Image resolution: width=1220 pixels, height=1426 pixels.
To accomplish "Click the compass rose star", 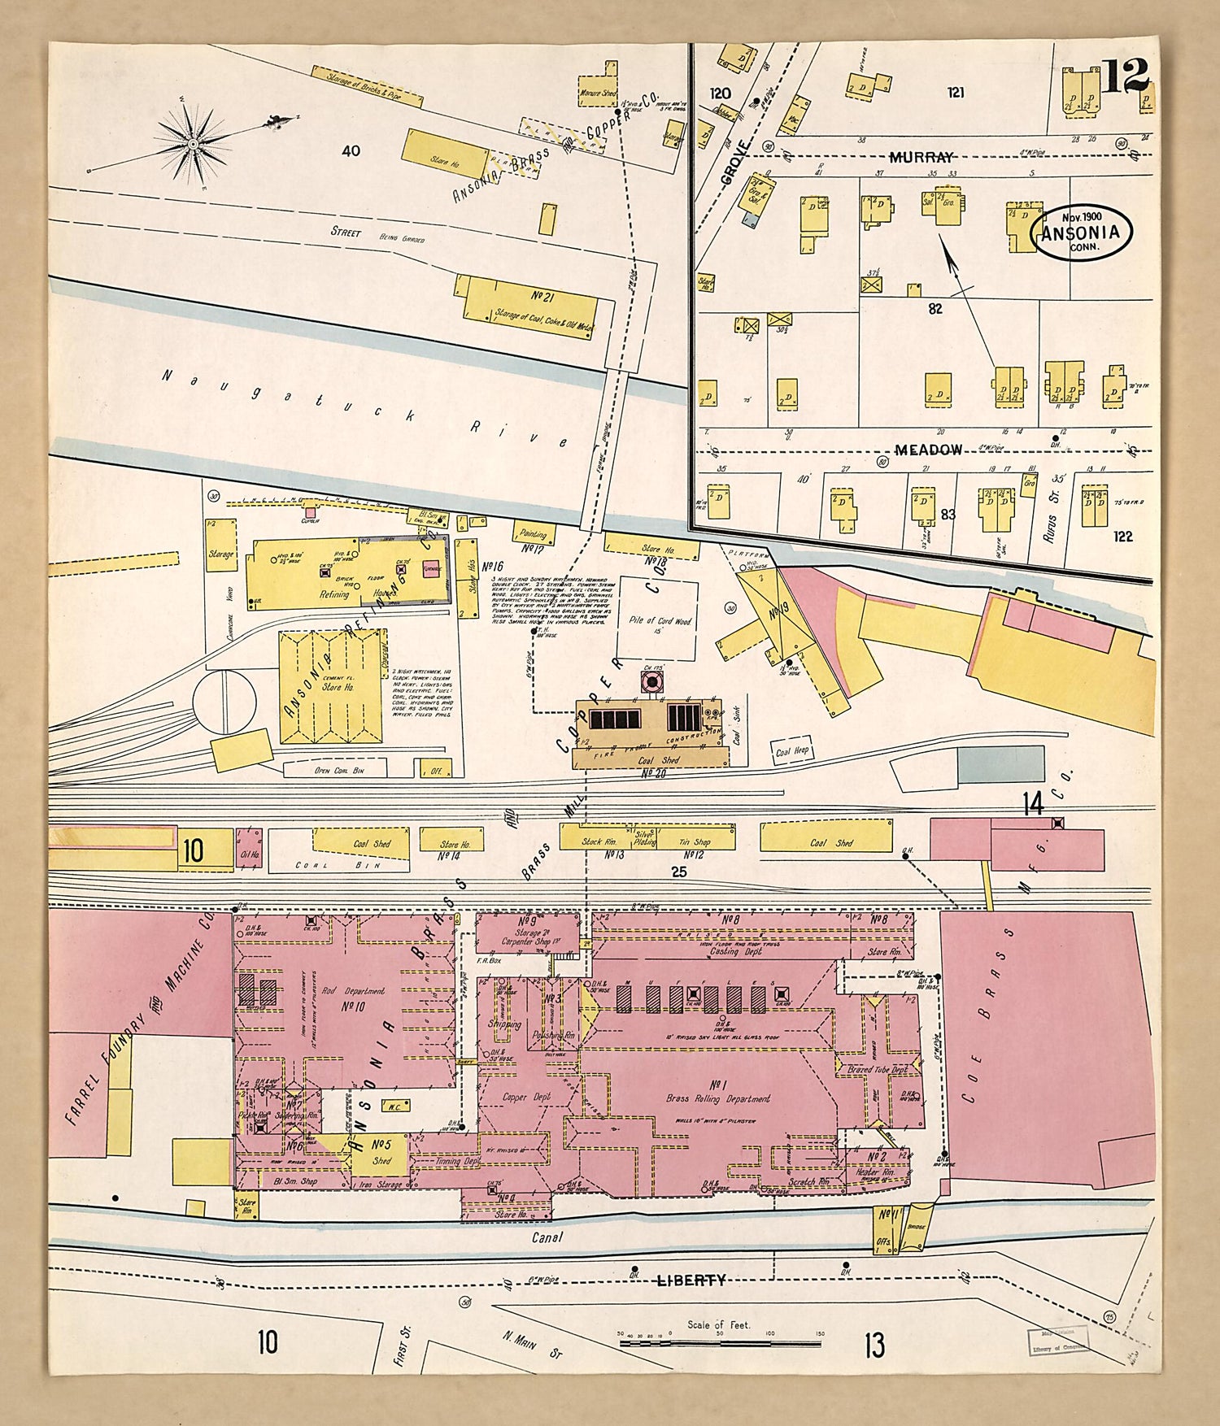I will click(193, 144).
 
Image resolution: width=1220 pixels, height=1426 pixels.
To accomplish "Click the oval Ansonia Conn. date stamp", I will click(1081, 233).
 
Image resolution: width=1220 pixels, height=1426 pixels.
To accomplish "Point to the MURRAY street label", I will click(920, 157).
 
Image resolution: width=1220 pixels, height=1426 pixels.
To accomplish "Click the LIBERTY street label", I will click(691, 1280).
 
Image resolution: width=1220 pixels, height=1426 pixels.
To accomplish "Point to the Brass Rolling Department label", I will click(717, 1098).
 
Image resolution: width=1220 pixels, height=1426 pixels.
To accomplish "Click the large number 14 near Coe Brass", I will click(1032, 805).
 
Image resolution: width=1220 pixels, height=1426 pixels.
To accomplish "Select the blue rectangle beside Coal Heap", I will click(1000, 764).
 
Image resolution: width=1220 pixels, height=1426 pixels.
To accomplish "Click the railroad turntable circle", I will click(224, 701).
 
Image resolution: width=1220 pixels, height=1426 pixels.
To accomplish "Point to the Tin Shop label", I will click(695, 842).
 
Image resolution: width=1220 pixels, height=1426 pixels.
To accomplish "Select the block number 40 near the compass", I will click(351, 151).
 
